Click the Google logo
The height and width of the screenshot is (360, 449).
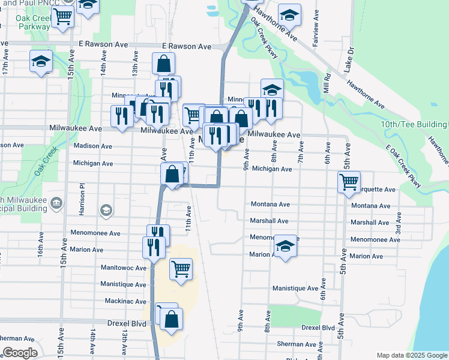tap(20, 353)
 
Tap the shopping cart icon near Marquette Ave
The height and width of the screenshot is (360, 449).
tap(349, 181)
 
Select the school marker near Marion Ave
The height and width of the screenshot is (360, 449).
tap(286, 246)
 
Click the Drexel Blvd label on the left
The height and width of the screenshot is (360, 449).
tap(126, 323)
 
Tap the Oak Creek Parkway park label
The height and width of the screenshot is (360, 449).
tap(33, 22)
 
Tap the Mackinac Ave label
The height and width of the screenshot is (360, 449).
tap(125, 301)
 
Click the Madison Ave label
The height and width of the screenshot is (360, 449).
tap(92, 146)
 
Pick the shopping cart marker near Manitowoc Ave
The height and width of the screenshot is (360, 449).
tap(181, 269)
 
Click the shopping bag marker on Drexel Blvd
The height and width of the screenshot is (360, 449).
tap(172, 320)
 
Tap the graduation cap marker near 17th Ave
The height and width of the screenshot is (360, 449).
tap(41, 61)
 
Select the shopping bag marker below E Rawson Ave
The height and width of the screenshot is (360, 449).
tap(163, 64)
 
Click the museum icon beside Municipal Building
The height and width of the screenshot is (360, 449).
tap(56, 202)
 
